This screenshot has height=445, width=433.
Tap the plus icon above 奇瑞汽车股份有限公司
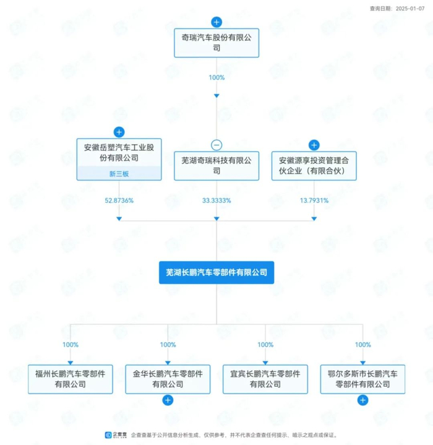216,22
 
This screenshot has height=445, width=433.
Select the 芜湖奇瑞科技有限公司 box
216,165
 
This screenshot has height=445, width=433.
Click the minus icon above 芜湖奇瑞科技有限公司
216,145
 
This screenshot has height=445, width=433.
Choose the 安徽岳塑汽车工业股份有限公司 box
119,153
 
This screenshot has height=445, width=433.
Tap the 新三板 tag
119,174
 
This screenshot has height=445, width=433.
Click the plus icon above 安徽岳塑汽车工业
119,132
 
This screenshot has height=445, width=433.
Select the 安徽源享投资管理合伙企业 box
314,165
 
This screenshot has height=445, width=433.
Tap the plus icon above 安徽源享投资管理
314,145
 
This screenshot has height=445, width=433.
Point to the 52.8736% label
119,201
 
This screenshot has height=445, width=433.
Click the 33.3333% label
216,201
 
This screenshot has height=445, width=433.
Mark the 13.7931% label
314,201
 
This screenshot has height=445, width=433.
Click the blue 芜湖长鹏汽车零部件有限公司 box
216,272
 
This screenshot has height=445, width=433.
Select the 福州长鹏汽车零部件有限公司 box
70,379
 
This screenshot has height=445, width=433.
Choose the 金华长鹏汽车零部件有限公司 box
168,379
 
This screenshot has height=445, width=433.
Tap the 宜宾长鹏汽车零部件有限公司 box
265,379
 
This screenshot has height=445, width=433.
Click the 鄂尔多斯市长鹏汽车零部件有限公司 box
363,379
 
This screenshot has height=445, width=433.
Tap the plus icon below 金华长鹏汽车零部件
168,400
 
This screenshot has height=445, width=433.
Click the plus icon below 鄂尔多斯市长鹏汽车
363,400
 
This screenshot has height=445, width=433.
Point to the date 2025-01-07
411,8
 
